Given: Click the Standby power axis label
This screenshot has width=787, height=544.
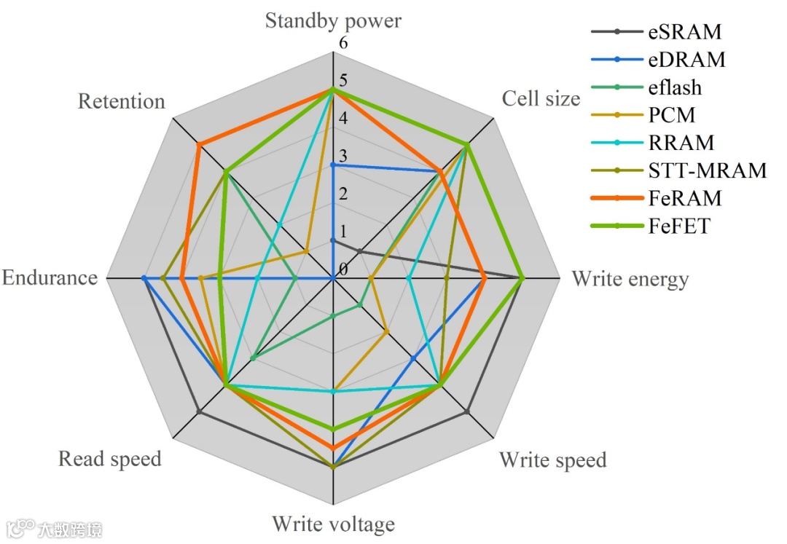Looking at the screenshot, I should (x=333, y=20).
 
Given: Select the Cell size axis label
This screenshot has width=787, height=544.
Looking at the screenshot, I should (x=541, y=98).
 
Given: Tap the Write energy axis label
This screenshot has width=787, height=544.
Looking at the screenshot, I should (x=630, y=279).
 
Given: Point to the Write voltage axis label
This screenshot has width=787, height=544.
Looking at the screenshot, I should (x=333, y=524).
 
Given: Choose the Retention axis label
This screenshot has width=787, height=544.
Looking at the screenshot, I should (x=122, y=101).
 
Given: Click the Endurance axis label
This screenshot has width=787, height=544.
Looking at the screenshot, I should (x=50, y=277).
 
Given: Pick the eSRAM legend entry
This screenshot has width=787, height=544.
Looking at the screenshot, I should (x=684, y=31).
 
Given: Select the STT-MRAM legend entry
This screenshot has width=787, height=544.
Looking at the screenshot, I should (x=707, y=170).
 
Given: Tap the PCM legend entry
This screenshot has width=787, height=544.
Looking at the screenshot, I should (x=671, y=115).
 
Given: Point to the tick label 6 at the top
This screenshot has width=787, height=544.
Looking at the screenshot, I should (x=343, y=43).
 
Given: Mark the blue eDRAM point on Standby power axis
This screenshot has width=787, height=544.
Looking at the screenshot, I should (x=333, y=165).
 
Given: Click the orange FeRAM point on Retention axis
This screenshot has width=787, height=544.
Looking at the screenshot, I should (x=199, y=144).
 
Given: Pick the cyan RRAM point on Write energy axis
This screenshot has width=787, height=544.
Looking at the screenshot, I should (x=409, y=278).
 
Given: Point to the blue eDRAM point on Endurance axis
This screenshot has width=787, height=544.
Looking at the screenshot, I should (x=144, y=278).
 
